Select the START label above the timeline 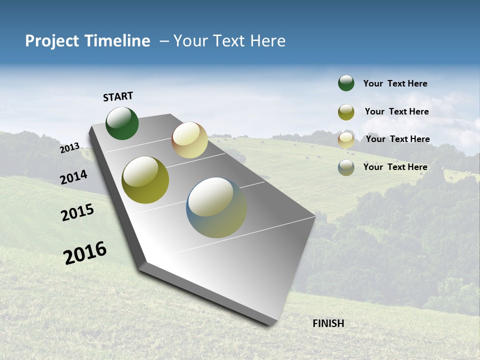pyautogui.click(x=118, y=96)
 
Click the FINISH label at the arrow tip pyautogui.click(x=328, y=323)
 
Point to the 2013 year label pyautogui.click(x=70, y=148)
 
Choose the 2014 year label pyautogui.click(x=74, y=177)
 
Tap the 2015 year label pyautogui.click(x=77, y=212)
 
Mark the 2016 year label pyautogui.click(x=85, y=252)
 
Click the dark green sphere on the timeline pyautogui.click(x=122, y=123)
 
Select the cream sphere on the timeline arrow pyautogui.click(x=189, y=140)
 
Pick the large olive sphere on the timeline pyautogui.click(x=145, y=180)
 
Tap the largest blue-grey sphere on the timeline pyautogui.click(x=216, y=207)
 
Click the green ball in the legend pyautogui.click(x=346, y=83)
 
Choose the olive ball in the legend pyautogui.click(x=346, y=112)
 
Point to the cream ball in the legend pyautogui.click(x=346, y=140)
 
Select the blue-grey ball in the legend pyautogui.click(x=346, y=167)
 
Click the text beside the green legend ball pyautogui.click(x=395, y=83)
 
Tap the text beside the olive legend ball pyautogui.click(x=396, y=111)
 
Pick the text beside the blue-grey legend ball pyautogui.click(x=395, y=167)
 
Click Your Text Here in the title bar pyautogui.click(x=229, y=41)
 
